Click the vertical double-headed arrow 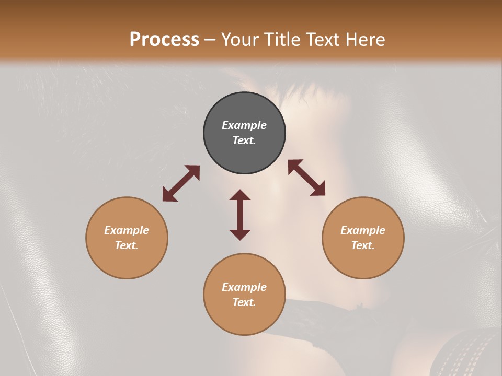pos(240,215)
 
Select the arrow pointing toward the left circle pos(181,183)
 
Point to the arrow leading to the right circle pos(306,178)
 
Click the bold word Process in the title pos(164,39)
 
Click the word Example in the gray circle pos(244,125)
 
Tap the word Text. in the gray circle pos(244,140)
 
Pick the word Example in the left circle pos(127,230)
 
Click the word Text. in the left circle pos(127,245)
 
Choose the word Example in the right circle pos(363,230)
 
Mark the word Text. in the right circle pos(363,245)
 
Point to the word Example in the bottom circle pos(244,287)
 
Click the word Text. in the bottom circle pos(244,302)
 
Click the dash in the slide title pos(210,40)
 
